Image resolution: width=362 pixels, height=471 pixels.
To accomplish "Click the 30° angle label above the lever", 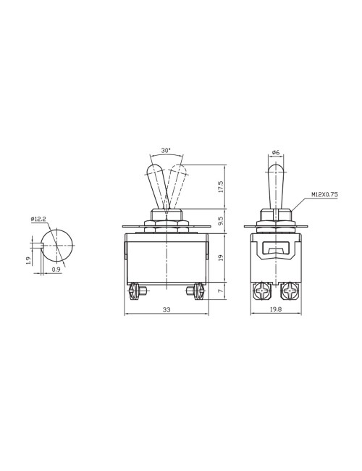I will pos(167,150).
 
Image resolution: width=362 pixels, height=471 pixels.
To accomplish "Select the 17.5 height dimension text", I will pos(220,187).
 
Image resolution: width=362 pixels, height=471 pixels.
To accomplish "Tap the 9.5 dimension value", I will pos(220,218).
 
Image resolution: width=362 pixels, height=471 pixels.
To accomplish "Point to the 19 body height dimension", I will pos(220,256).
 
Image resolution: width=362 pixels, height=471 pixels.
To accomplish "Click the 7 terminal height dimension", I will pos(220,291).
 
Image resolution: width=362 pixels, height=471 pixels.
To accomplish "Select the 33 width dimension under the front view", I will pos(166,310).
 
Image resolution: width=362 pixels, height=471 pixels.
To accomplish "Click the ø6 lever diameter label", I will pos(276,152).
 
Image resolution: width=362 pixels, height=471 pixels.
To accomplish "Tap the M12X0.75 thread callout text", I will pos(325,195).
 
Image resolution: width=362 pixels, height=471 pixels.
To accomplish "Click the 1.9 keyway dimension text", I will pos(28,259).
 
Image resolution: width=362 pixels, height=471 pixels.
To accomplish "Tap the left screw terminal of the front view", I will pos(135,293).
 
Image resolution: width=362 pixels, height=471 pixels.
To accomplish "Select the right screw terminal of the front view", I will pos(195,293).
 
